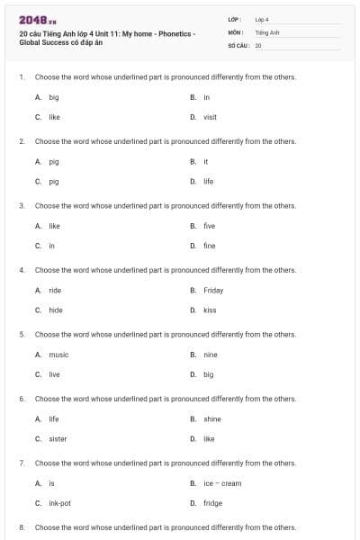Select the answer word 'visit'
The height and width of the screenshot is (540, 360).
210,117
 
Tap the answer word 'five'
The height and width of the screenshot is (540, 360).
209,226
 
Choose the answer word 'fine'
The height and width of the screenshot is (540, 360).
209,246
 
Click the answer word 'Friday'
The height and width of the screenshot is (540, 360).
213,291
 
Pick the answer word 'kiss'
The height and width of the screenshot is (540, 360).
210,310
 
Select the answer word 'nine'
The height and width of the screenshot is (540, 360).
210,355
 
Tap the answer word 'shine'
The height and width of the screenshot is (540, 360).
212,419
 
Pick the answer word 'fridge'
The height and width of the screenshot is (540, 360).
212,503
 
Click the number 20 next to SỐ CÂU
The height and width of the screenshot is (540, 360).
258,44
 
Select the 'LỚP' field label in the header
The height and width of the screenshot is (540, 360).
235,19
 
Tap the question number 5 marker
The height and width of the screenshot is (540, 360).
22,334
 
